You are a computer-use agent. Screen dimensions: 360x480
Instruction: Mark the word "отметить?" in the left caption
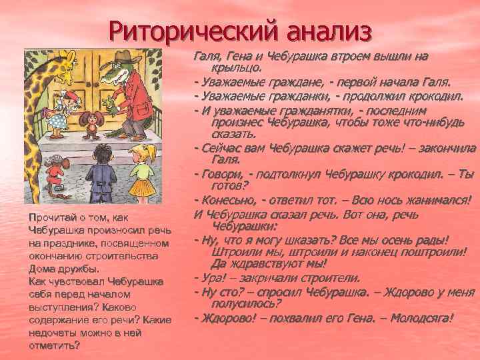click(54, 345)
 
